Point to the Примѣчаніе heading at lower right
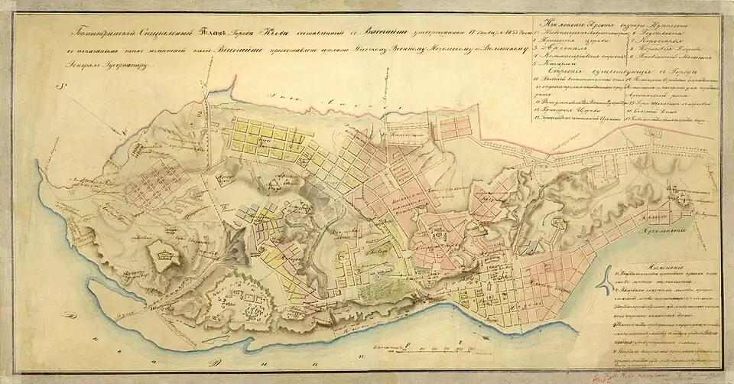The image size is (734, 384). pyautogui.click(x=665, y=259)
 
